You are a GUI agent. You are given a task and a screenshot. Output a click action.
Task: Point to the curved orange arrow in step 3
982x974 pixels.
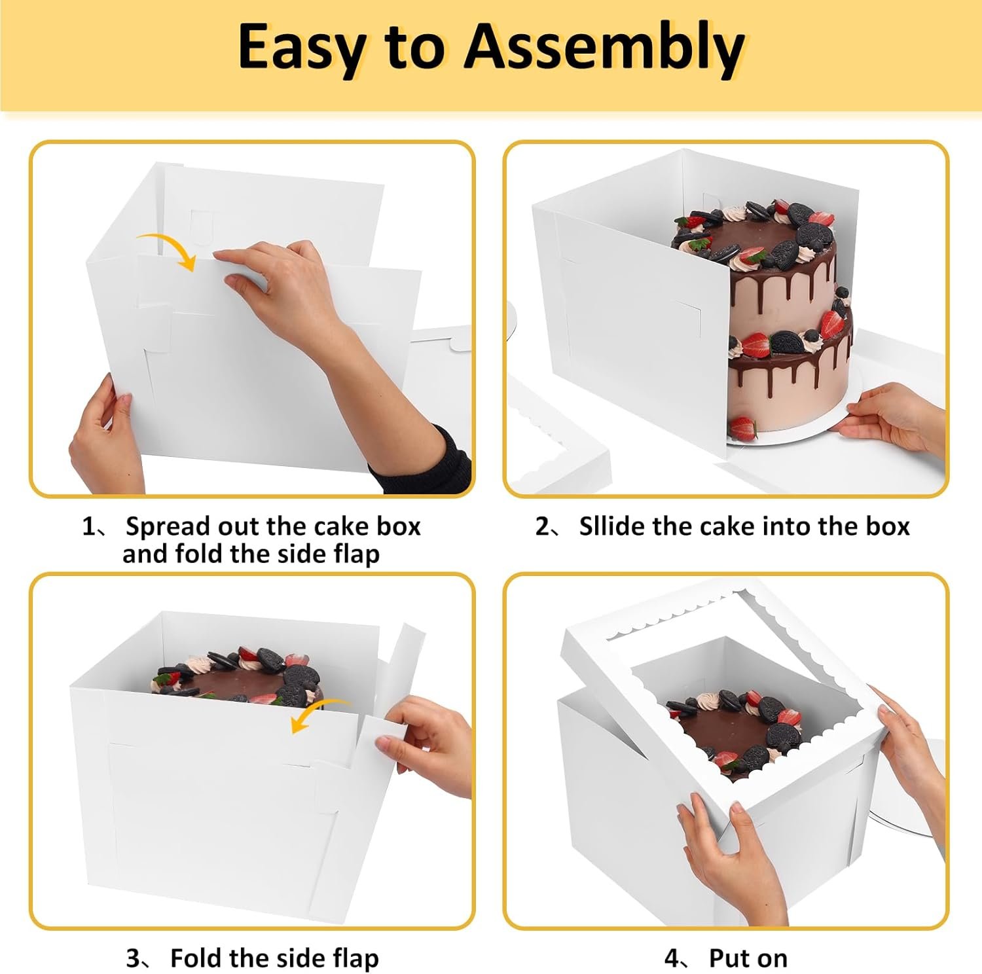click(321, 714)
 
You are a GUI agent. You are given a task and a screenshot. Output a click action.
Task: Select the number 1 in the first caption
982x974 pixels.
click(88, 526)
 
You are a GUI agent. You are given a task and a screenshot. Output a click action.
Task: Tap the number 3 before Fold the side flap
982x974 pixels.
click(133, 959)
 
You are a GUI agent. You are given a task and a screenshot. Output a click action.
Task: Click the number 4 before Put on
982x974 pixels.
click(672, 959)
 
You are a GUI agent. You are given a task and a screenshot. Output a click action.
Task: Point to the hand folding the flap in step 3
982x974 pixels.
click(426, 746)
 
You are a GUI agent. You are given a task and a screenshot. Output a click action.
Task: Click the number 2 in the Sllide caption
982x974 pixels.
click(543, 526)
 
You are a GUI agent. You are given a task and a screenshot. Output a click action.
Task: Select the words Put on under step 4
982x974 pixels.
click(748, 959)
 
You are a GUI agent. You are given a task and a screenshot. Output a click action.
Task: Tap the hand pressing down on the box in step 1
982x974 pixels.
click(288, 281)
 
